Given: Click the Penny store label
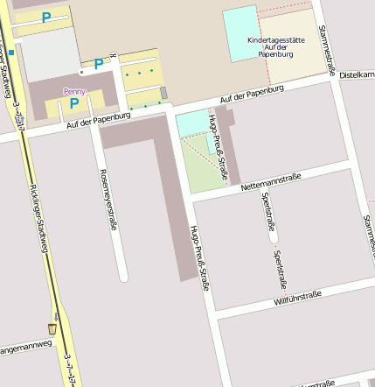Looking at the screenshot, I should [74, 91].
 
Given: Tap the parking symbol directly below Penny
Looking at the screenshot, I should [74, 104].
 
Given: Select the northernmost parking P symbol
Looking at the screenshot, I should [45, 17].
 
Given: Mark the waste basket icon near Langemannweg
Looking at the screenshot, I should [52, 328].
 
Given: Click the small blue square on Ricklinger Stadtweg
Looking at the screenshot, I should [11, 53].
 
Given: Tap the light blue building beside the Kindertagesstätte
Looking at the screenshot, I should [240, 34].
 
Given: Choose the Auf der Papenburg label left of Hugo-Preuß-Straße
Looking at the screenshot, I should [98, 121].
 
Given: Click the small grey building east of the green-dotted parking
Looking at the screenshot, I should [163, 93].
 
